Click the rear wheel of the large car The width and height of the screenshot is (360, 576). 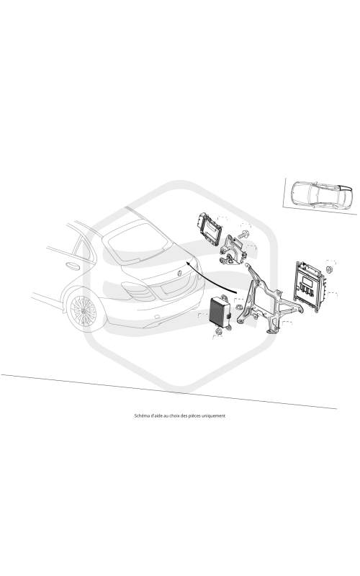click(x=84, y=311)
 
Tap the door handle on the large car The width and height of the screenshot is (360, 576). click(x=73, y=266)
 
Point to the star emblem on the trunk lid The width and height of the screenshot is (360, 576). click(x=180, y=273)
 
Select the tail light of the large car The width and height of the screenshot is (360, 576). click(x=137, y=290)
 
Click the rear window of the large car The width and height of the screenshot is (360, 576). click(x=137, y=242)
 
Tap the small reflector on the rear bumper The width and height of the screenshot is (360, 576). click(x=156, y=316)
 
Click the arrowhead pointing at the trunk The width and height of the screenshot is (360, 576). click(x=189, y=262)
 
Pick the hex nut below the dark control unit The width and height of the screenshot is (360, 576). click(x=218, y=331)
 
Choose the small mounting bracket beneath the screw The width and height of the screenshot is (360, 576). click(x=231, y=251)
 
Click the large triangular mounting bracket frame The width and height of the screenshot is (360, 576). click(x=269, y=299)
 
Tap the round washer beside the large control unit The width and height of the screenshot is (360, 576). click(x=330, y=269)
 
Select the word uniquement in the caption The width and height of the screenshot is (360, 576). click(x=214, y=416)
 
